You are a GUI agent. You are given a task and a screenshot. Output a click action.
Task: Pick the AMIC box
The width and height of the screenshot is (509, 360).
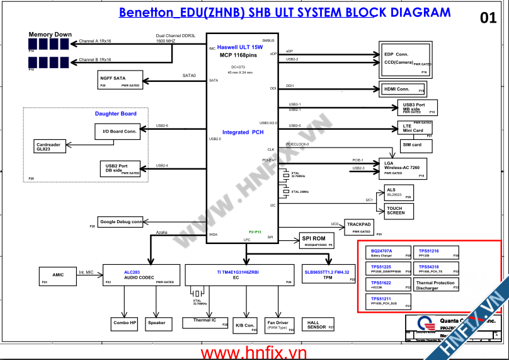(57, 274)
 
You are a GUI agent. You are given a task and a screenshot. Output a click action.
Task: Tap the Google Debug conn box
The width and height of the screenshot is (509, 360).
(120, 222)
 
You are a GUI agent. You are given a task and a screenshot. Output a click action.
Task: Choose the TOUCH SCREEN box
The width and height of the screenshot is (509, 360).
(399, 210)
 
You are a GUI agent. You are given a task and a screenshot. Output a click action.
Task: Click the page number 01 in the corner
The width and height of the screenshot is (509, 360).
(488, 18)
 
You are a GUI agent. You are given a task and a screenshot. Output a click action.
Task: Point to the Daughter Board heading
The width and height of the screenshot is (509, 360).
(116, 113)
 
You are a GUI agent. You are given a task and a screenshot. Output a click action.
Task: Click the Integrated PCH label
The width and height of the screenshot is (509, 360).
(243, 132)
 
